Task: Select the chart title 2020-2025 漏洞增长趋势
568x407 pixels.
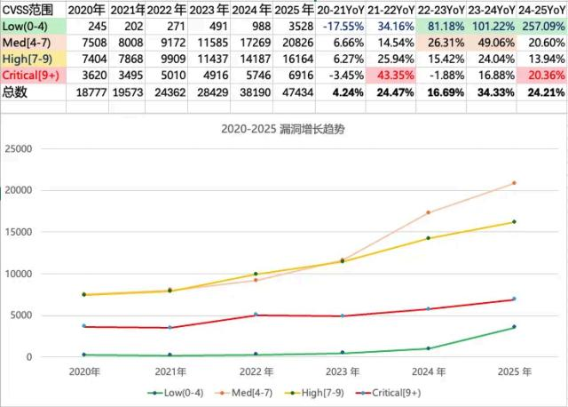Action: click(x=284, y=129)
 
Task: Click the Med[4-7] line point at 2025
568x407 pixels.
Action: click(x=514, y=183)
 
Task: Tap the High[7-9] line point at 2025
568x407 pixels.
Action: click(x=514, y=221)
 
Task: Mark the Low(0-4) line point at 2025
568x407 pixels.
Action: click(x=514, y=327)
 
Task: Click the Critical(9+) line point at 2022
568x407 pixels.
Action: click(x=256, y=315)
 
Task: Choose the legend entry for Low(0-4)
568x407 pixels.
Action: click(x=177, y=391)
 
